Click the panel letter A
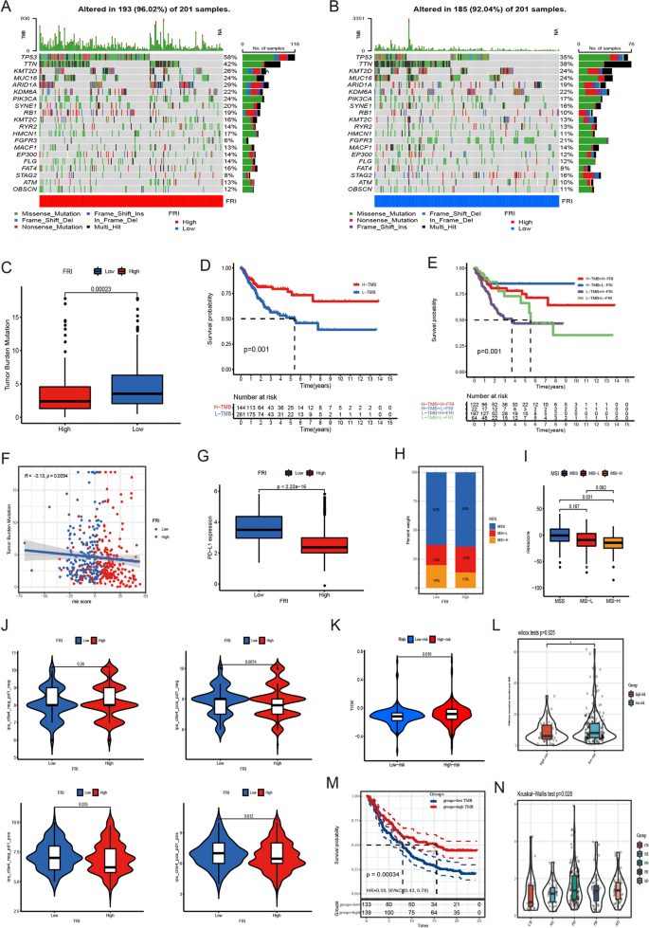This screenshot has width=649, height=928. pyautogui.click(x=7, y=8)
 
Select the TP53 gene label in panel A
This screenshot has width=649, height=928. pyautogui.click(x=22, y=58)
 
